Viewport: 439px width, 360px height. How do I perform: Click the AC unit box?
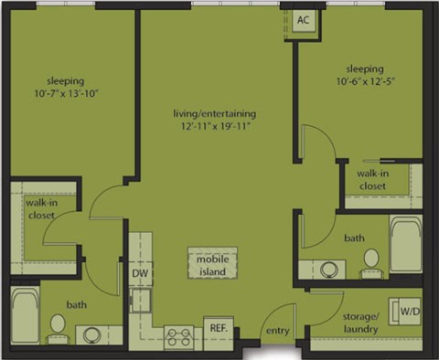pyautogui.click(x=302, y=21)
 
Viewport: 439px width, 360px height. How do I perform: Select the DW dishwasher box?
pyautogui.click(x=139, y=273)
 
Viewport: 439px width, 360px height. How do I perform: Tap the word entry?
pyautogui.click(x=277, y=330)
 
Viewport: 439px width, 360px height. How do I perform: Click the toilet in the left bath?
pyautogui.click(x=57, y=325)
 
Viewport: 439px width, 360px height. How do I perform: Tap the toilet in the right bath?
pyautogui.click(x=370, y=260)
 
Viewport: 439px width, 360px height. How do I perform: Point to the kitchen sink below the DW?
pyautogui.click(x=139, y=298)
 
